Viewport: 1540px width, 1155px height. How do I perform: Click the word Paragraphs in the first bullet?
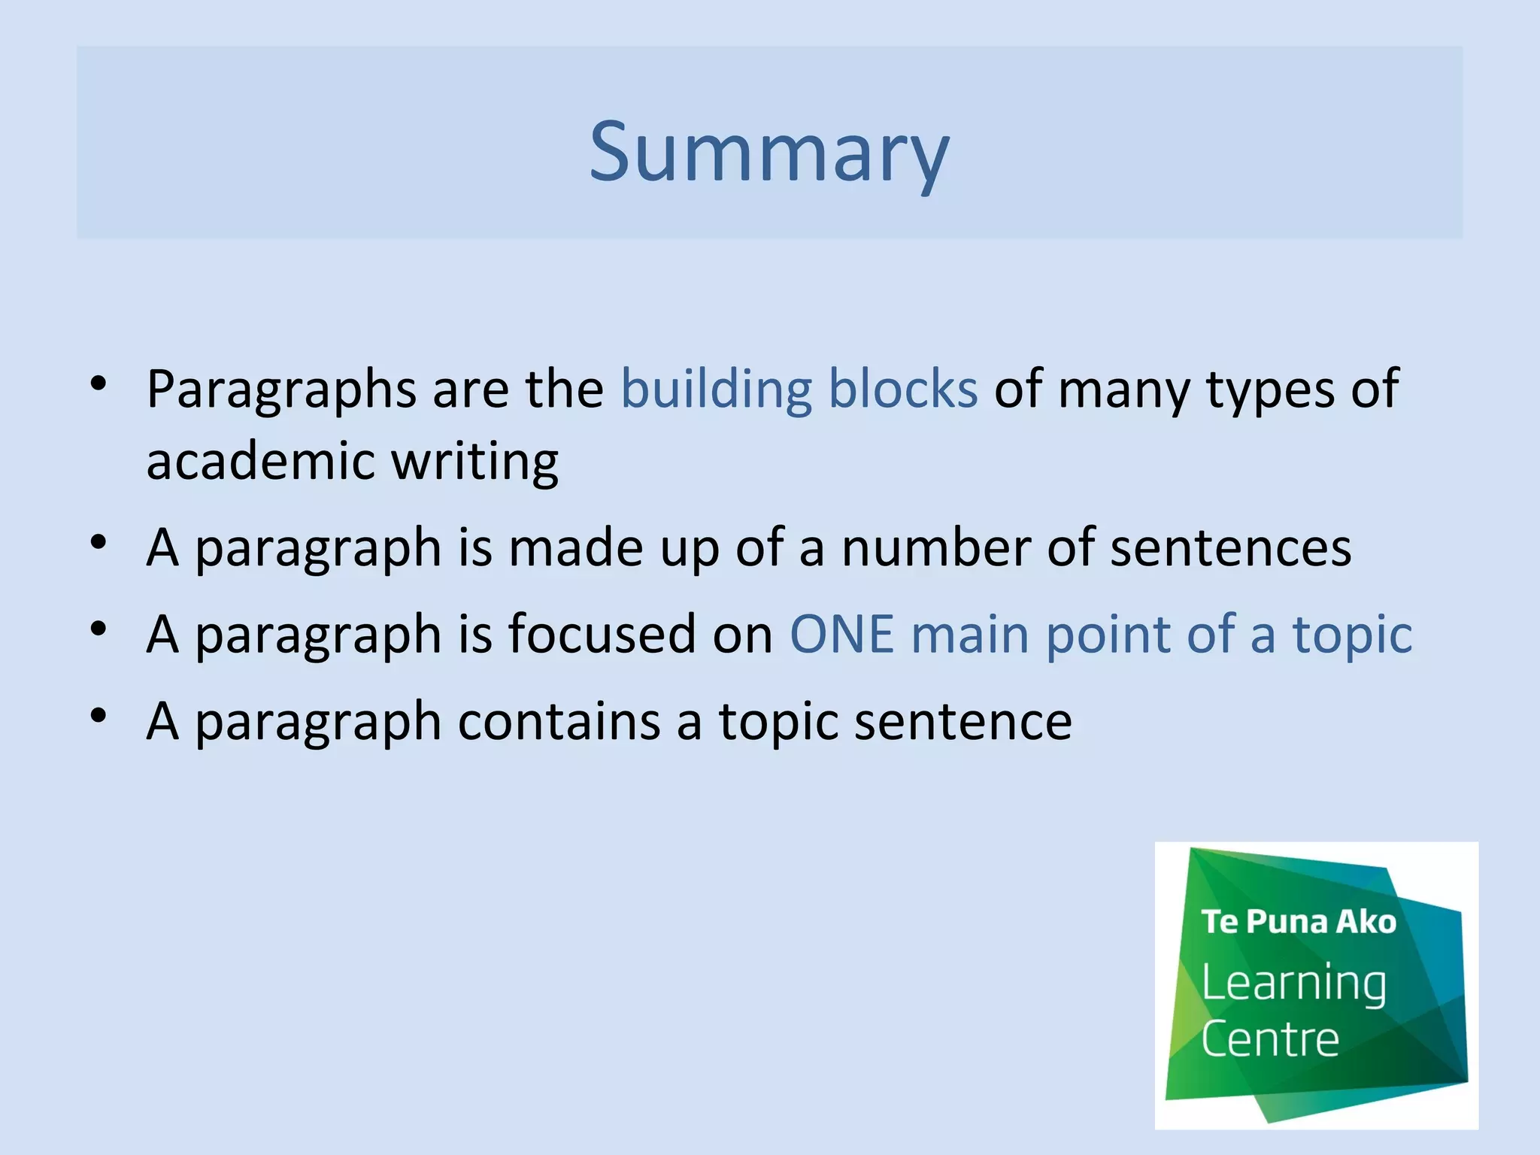[x=281, y=390]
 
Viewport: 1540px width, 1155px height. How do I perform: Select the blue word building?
[x=716, y=390]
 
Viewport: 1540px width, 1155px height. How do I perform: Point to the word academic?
[x=260, y=460]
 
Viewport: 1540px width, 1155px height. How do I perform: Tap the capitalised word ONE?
[x=841, y=634]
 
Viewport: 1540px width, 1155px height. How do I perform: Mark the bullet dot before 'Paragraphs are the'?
[x=99, y=383]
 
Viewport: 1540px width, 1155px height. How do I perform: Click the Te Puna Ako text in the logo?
[x=1298, y=922]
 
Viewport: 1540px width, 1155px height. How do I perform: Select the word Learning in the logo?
[x=1293, y=983]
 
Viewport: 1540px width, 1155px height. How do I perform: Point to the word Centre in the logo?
[x=1270, y=1039]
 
